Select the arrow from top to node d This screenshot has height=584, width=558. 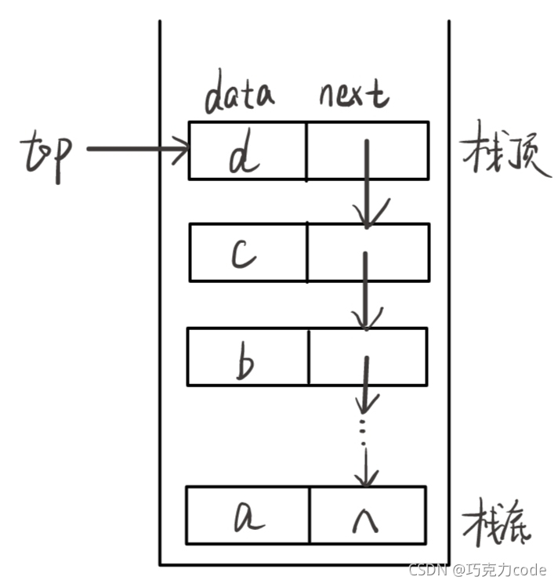pyautogui.click(x=137, y=149)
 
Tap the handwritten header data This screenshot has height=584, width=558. pyautogui.click(x=240, y=94)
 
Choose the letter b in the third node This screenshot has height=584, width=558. pyautogui.click(x=245, y=361)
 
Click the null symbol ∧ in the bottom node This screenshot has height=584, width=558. pyautogui.click(x=368, y=517)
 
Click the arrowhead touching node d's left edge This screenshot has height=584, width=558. pyautogui.click(x=182, y=149)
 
